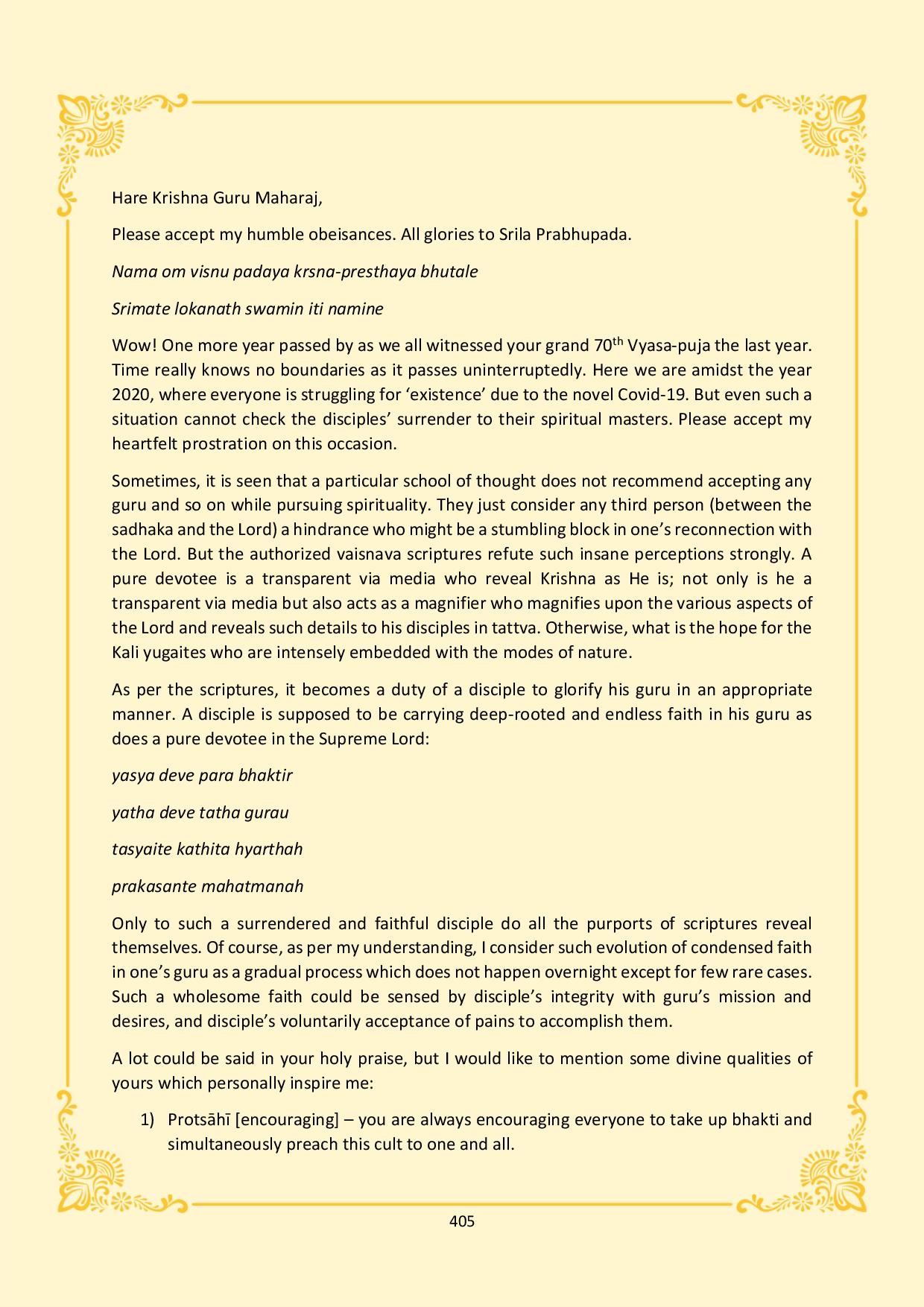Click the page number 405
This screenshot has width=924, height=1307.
462,1221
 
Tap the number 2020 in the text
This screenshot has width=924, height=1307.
131,395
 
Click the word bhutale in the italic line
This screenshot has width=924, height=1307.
449,271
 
